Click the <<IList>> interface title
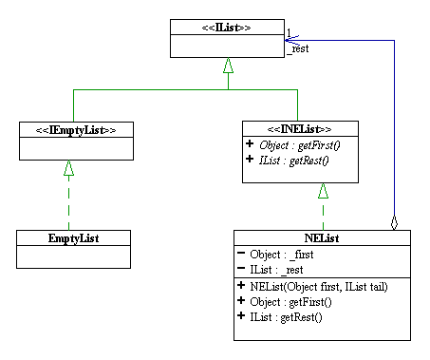pyautogui.click(x=227, y=27)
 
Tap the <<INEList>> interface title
pyautogui.click(x=300, y=129)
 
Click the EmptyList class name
pyautogui.click(x=74, y=237)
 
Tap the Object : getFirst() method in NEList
pyautogui.click(x=291, y=301)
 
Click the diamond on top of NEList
pyautogui.click(x=395, y=223)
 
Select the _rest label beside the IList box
pyautogui.click(x=299, y=50)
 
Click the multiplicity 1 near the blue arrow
pyautogui.click(x=289, y=33)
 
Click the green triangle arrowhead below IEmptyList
pyautogui.click(x=67, y=167)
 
